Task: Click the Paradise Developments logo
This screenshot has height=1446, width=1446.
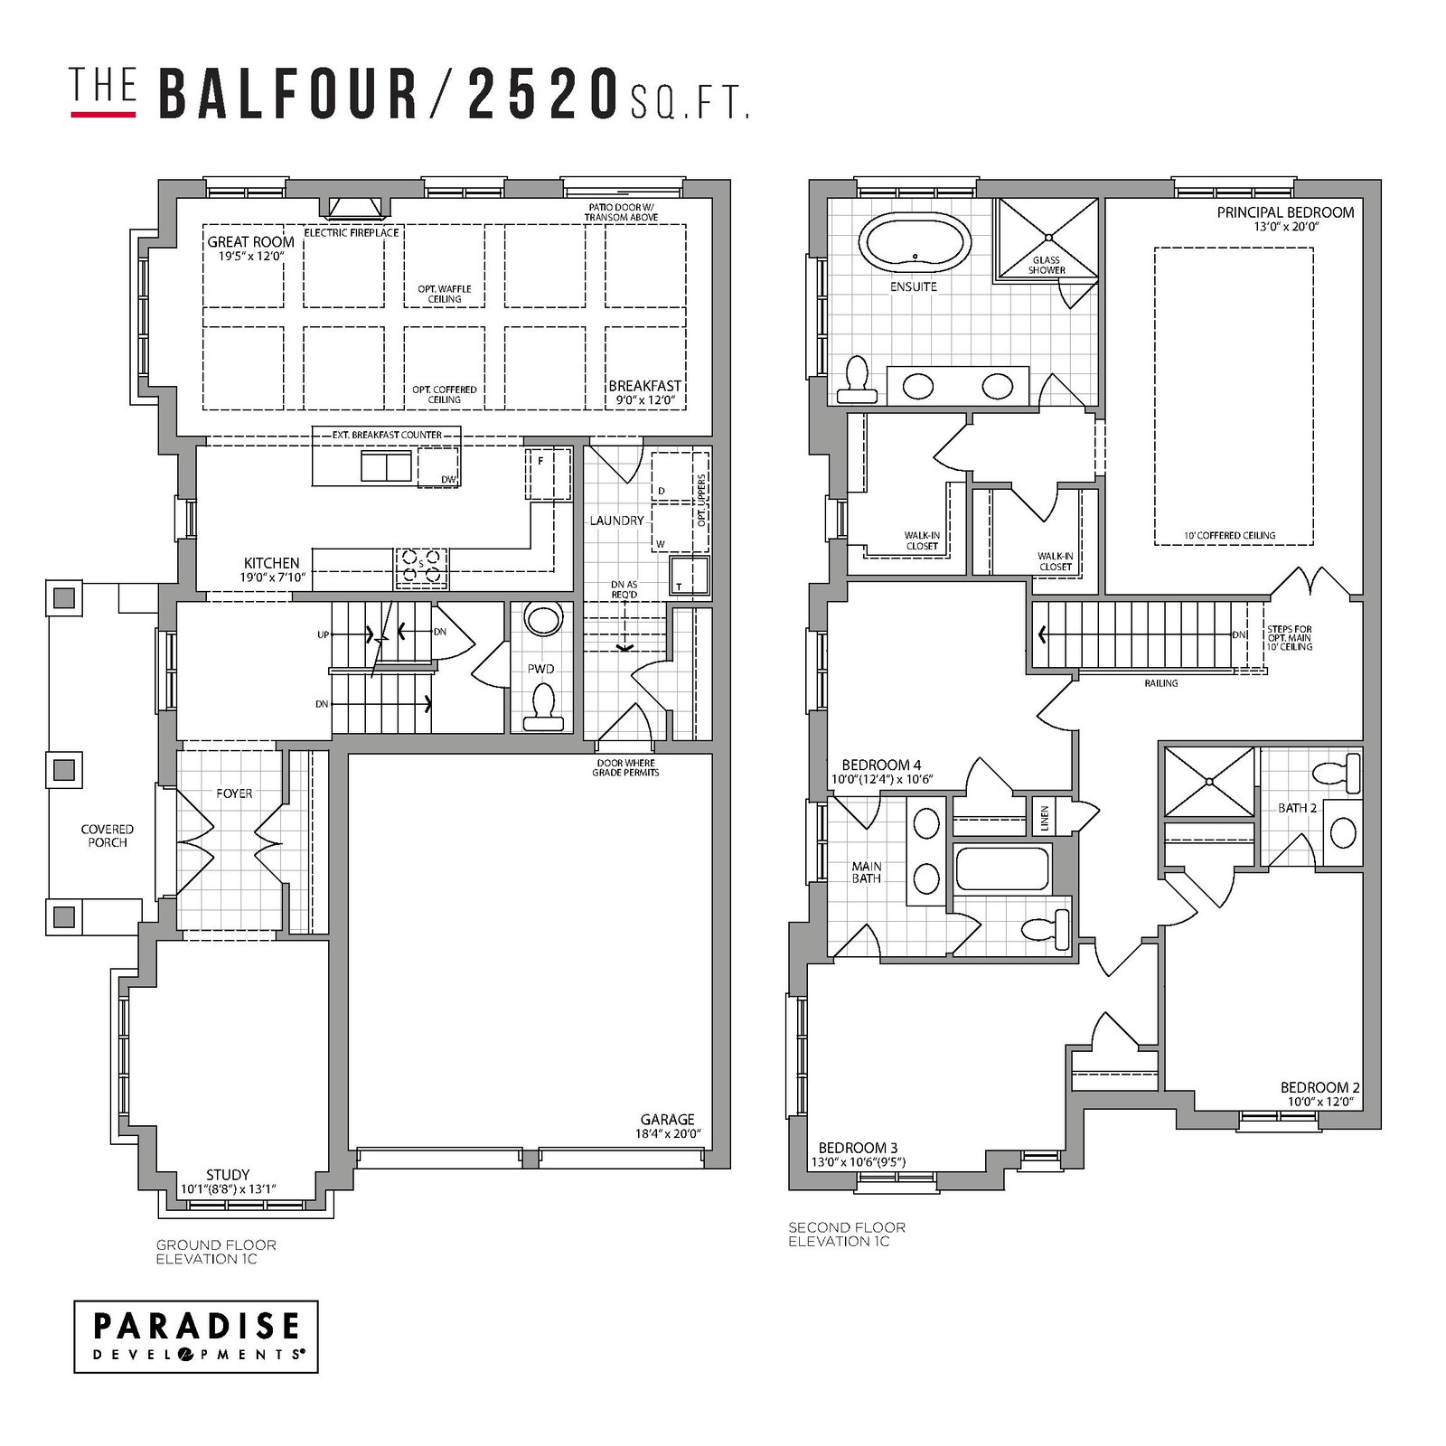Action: tap(195, 1337)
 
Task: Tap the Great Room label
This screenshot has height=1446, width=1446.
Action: tap(250, 242)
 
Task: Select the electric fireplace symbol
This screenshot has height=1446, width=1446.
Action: tap(360, 208)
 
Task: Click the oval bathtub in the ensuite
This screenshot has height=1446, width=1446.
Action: tap(915, 242)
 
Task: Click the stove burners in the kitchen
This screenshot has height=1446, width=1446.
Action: tap(421, 565)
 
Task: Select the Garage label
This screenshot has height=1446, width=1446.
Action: tap(668, 1119)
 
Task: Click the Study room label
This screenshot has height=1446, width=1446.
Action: tap(228, 1175)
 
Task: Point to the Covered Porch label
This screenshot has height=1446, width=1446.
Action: tap(108, 836)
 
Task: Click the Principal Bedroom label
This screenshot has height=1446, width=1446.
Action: tap(1285, 212)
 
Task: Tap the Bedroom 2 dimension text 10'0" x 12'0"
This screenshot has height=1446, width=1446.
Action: tap(1320, 1102)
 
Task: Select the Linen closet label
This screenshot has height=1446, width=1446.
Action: tap(1045, 818)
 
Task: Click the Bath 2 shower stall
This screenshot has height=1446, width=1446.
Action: tap(1209, 782)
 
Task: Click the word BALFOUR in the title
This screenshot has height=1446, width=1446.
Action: tap(288, 94)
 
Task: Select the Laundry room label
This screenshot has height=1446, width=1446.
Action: tap(617, 521)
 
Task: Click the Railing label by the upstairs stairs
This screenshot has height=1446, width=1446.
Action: tap(1161, 683)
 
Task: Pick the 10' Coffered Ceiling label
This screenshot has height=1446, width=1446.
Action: tap(1229, 535)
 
